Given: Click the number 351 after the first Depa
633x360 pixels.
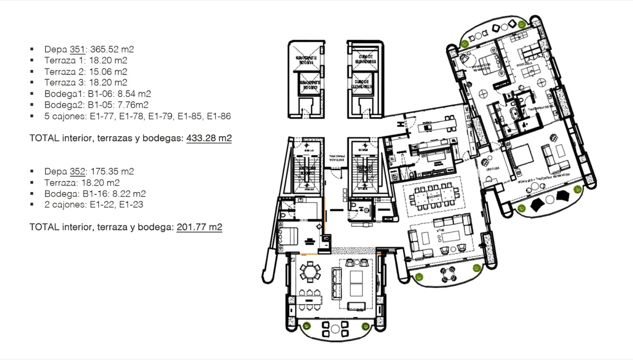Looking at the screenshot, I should click(x=77, y=49).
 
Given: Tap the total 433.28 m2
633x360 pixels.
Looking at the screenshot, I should click(x=209, y=138).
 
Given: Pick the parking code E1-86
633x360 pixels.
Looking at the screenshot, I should click(x=219, y=116).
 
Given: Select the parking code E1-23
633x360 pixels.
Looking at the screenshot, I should click(x=131, y=204).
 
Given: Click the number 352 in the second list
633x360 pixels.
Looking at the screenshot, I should click(x=77, y=171).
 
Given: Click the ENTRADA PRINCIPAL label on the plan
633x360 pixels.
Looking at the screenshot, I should click(x=336, y=158).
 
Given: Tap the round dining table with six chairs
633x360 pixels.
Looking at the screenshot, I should click(x=310, y=273).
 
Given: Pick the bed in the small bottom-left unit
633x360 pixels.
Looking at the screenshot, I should click(x=287, y=233).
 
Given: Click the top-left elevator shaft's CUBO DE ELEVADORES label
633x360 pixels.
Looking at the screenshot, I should click(x=306, y=56).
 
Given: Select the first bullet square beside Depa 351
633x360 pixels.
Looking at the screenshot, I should click(x=32, y=49).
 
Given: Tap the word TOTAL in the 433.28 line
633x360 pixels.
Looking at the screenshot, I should click(x=43, y=138).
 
